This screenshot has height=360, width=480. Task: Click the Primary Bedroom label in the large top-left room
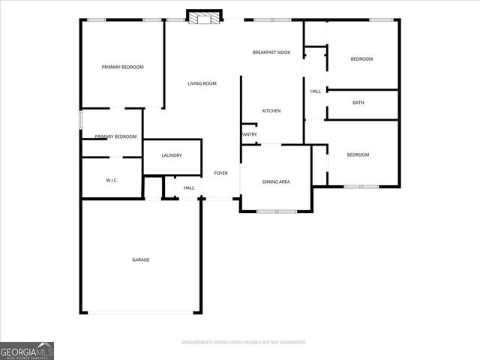(x=122, y=67)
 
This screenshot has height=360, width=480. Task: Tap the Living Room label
(x=202, y=83)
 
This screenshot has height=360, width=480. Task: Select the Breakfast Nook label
(x=271, y=52)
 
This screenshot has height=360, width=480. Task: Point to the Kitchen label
(x=271, y=111)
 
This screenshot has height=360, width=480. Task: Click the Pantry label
(x=249, y=135)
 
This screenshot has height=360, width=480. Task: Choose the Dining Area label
(x=276, y=181)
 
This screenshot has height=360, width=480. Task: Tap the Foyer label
(x=221, y=173)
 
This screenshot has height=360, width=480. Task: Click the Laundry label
(x=172, y=155)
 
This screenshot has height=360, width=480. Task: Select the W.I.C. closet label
(x=111, y=181)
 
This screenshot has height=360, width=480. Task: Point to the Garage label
(x=141, y=259)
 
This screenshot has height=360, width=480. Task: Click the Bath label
(x=358, y=103)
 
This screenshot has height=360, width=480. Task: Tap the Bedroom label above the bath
(x=361, y=59)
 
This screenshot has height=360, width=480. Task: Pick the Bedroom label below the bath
(x=358, y=154)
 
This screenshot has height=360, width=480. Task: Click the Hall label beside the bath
(x=316, y=91)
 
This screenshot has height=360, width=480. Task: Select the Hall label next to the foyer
(x=189, y=187)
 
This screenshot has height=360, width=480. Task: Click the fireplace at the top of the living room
(x=205, y=17)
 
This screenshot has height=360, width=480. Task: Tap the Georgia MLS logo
(x=27, y=350)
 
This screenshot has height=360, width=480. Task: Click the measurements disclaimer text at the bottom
(x=244, y=342)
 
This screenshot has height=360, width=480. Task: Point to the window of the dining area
(x=276, y=211)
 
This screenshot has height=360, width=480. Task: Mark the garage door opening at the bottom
(x=141, y=313)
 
